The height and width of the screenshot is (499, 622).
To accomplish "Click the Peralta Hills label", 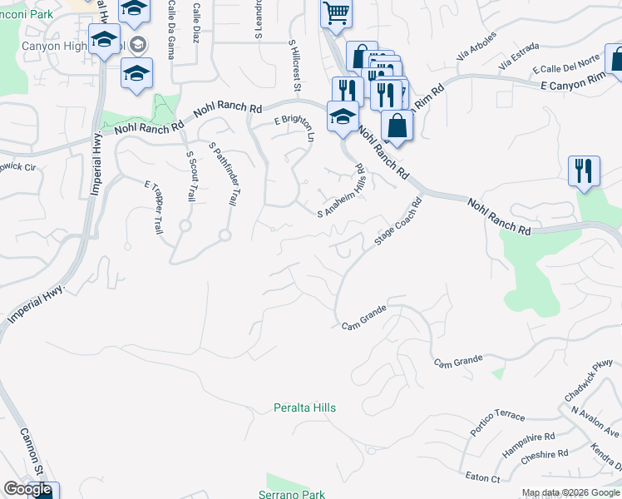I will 305,408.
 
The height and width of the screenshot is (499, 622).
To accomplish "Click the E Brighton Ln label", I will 295,126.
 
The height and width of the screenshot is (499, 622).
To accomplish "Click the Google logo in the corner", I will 27,489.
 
